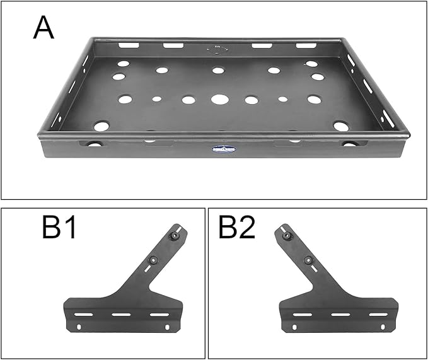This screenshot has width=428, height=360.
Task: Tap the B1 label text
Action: tap(59, 228)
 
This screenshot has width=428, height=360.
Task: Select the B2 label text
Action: tap(238, 228)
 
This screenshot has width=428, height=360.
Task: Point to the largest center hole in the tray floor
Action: tap(220, 99)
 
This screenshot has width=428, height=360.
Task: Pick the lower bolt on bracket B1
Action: tap(152, 260)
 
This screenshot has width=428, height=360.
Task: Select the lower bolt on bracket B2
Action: tap(308, 260)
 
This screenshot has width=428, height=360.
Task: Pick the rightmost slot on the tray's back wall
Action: tap(305, 46)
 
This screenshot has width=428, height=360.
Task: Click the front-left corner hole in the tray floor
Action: tap(101, 125)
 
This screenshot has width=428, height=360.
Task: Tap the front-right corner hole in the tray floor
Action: tap(341, 126)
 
